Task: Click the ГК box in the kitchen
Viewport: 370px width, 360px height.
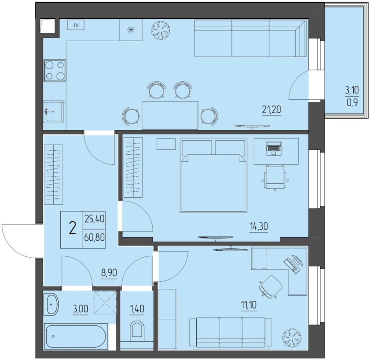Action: [x=76, y=25]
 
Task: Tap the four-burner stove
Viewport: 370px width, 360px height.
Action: [x=55, y=71]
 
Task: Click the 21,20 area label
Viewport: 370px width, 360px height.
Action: [x=271, y=110]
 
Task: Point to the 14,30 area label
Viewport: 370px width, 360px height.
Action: [x=259, y=227]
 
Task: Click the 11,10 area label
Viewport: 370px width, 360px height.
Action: [x=249, y=305]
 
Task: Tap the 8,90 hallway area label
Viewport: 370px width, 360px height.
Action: [x=109, y=273]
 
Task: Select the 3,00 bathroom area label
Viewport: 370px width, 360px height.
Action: [x=81, y=309]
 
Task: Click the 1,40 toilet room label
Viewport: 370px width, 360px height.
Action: [x=137, y=309]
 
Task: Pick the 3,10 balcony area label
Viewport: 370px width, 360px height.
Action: [x=352, y=90]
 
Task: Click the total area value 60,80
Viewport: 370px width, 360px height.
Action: [x=94, y=237]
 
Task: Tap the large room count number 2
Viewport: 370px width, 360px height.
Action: [x=73, y=229]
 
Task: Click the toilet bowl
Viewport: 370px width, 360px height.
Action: [x=137, y=330]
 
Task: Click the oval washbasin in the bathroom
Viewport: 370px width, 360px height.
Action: [x=51, y=304]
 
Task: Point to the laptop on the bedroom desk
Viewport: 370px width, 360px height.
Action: [x=273, y=148]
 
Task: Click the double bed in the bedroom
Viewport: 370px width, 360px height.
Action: [x=213, y=175]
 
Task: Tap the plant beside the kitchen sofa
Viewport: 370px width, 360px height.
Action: [x=161, y=30]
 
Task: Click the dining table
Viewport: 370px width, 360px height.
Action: [x=170, y=115]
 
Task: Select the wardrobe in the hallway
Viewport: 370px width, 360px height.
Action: [x=54, y=175]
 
